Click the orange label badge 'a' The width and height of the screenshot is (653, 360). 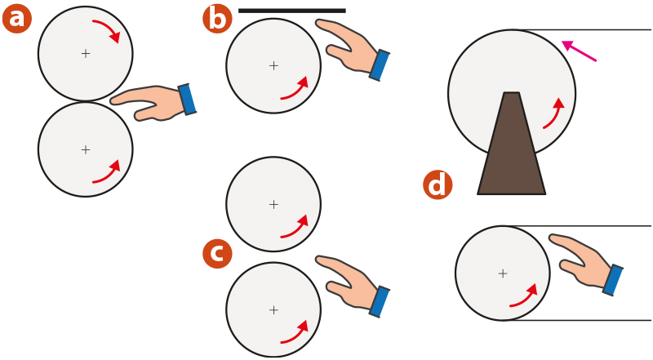click(x=17, y=19)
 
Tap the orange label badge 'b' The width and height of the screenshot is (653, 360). click(x=217, y=19)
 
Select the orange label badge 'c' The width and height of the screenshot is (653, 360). click(x=217, y=253)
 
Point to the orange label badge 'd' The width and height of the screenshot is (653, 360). click(x=438, y=184)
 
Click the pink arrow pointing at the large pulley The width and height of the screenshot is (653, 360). click(x=580, y=51)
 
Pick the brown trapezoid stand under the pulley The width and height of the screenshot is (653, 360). click(x=512, y=144)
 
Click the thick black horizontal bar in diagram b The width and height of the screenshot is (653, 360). click(x=292, y=11)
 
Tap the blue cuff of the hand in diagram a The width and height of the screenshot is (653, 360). click(x=188, y=99)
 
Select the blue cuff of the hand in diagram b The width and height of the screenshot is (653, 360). click(x=380, y=65)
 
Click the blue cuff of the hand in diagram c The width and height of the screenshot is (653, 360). click(x=380, y=302)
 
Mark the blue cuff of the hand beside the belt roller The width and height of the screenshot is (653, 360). click(x=613, y=280)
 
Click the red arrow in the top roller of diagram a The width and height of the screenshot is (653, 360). click(x=109, y=29)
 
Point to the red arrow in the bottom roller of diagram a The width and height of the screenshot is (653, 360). click(x=109, y=174)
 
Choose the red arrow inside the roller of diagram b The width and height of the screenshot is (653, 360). click(x=296, y=90)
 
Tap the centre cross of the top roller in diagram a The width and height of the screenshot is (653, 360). click(x=86, y=53)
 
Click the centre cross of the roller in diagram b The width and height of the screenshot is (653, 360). click(x=273, y=65)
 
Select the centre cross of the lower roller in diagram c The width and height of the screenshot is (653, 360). click(x=273, y=310)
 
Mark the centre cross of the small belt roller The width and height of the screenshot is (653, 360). click(x=503, y=273)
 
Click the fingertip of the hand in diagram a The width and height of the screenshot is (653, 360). click(x=112, y=100)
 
